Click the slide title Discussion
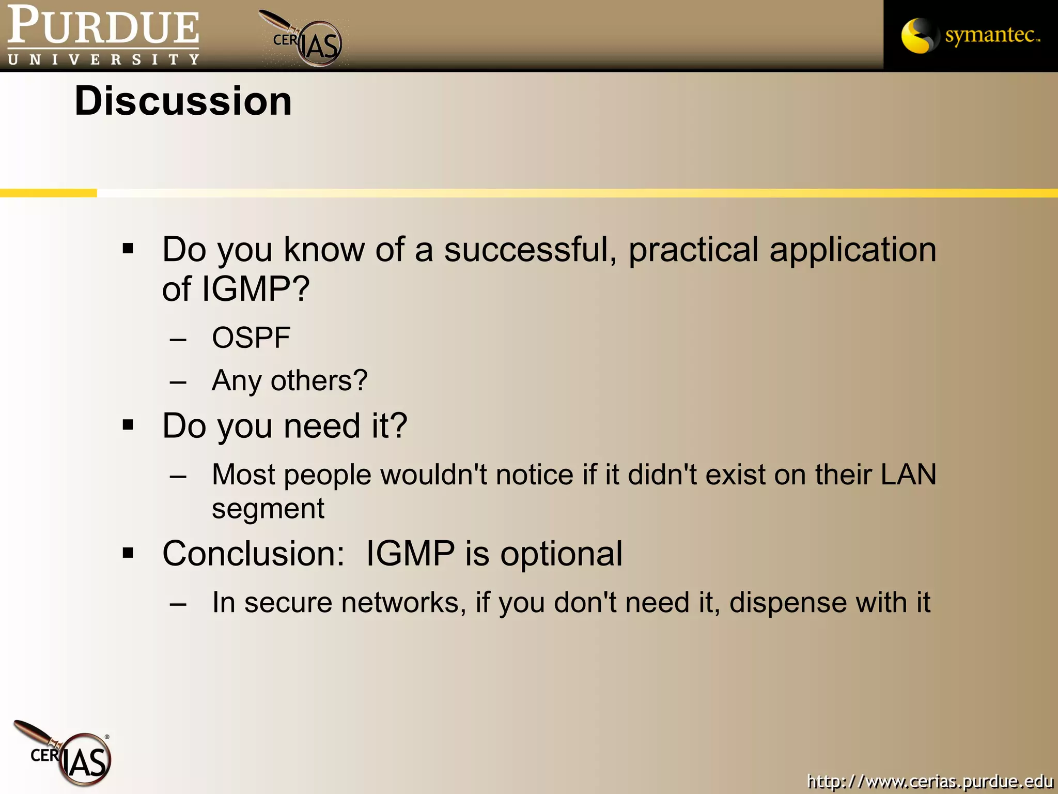[183, 101]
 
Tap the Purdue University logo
[103, 35]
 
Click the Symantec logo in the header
[970, 35]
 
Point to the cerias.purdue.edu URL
[930, 781]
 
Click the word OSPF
[251, 338]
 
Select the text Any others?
[289, 381]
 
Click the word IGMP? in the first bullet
[255, 289]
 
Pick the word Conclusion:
[253, 554]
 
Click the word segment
[268, 509]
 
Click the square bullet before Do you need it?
[128, 425]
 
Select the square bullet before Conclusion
[128, 553]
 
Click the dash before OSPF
[178, 340]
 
